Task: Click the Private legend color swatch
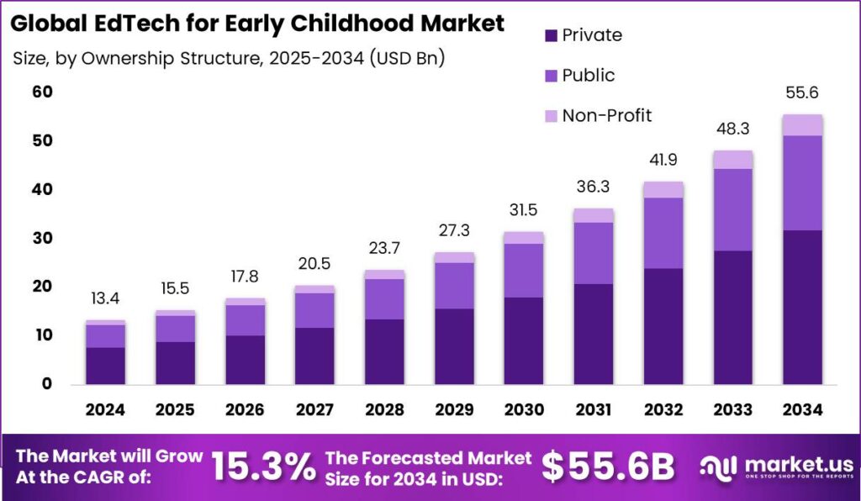click(552, 35)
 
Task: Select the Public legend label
click(589, 76)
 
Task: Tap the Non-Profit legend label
click(607, 116)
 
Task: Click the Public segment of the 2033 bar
click(732, 209)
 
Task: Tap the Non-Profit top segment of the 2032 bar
click(663, 189)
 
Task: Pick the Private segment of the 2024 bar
click(105, 366)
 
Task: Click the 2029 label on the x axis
click(453, 410)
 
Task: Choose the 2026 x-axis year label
click(245, 410)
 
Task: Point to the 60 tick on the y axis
click(43, 92)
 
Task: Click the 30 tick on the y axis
click(43, 238)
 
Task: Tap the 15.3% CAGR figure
click(263, 467)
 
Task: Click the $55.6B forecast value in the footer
click(608, 467)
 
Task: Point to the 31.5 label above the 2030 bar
click(523, 209)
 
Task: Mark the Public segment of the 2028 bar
click(383, 298)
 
